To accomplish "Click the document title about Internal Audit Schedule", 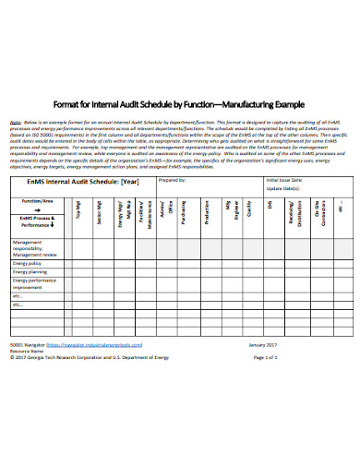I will pos(179,104).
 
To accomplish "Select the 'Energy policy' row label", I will pos(28,262).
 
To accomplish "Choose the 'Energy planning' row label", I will pos(30,273).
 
